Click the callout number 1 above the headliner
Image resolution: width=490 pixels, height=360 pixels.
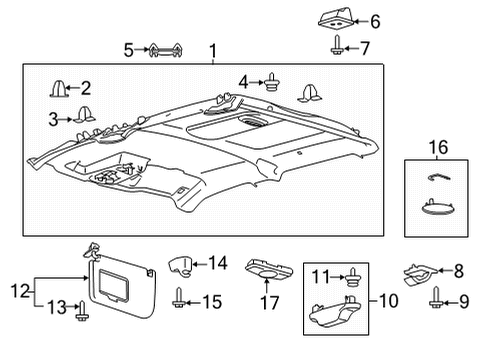pyautogui.click(x=211, y=49)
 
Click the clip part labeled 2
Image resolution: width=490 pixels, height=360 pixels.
pyautogui.click(x=59, y=89)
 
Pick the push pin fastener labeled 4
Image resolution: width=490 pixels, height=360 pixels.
pyautogui.click(x=272, y=81)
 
